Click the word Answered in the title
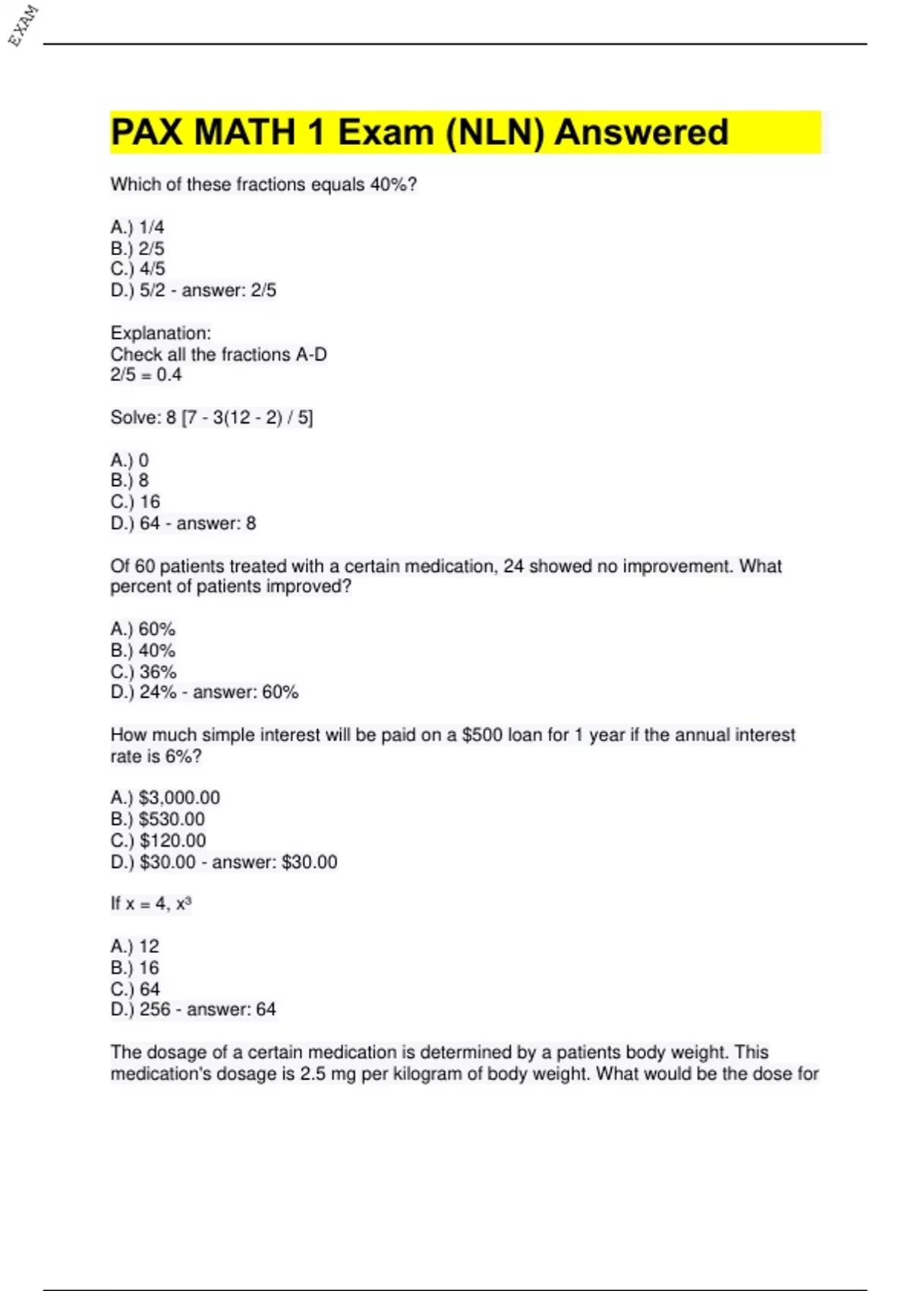[641, 132]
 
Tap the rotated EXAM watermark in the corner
[24, 25]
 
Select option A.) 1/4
[137, 227]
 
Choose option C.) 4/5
[137, 269]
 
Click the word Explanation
[160, 333]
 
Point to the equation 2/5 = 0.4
[146, 374]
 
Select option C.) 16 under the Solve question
[135, 501]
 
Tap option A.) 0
[130, 459]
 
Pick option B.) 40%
[143, 650]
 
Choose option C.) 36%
[143, 671]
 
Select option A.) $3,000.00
[165, 797]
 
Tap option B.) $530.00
[158, 819]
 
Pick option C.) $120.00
[158, 840]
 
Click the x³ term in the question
[184, 903]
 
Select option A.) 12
[135, 946]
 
